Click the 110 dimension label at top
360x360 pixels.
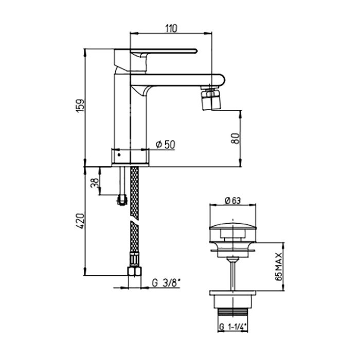click(171, 28)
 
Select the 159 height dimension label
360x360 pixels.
click(81, 106)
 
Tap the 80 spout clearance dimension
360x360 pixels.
click(236, 138)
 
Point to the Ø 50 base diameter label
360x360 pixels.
click(165, 145)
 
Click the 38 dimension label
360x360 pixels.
click(95, 183)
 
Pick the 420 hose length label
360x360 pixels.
click(81, 221)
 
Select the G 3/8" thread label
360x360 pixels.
click(166, 283)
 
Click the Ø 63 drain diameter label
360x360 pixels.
click(233, 201)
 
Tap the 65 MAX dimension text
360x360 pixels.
click(279, 266)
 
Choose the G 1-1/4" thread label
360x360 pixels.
click(233, 327)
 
